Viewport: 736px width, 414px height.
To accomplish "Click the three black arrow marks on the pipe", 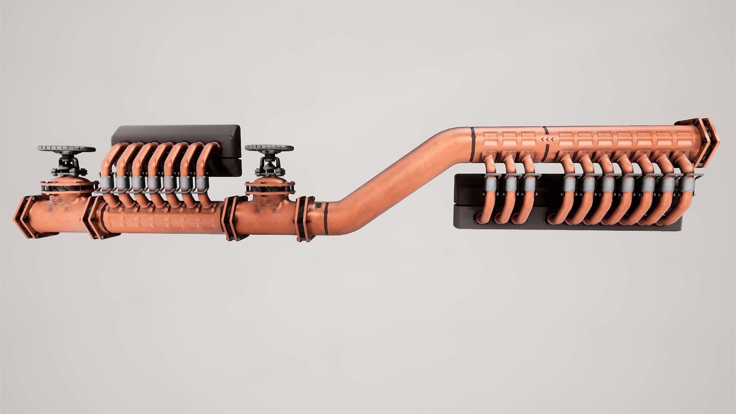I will click(x=547, y=140).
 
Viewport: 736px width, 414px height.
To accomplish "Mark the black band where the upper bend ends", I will click(x=472, y=143).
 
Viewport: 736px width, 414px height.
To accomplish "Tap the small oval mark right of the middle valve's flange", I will click(x=317, y=207).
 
